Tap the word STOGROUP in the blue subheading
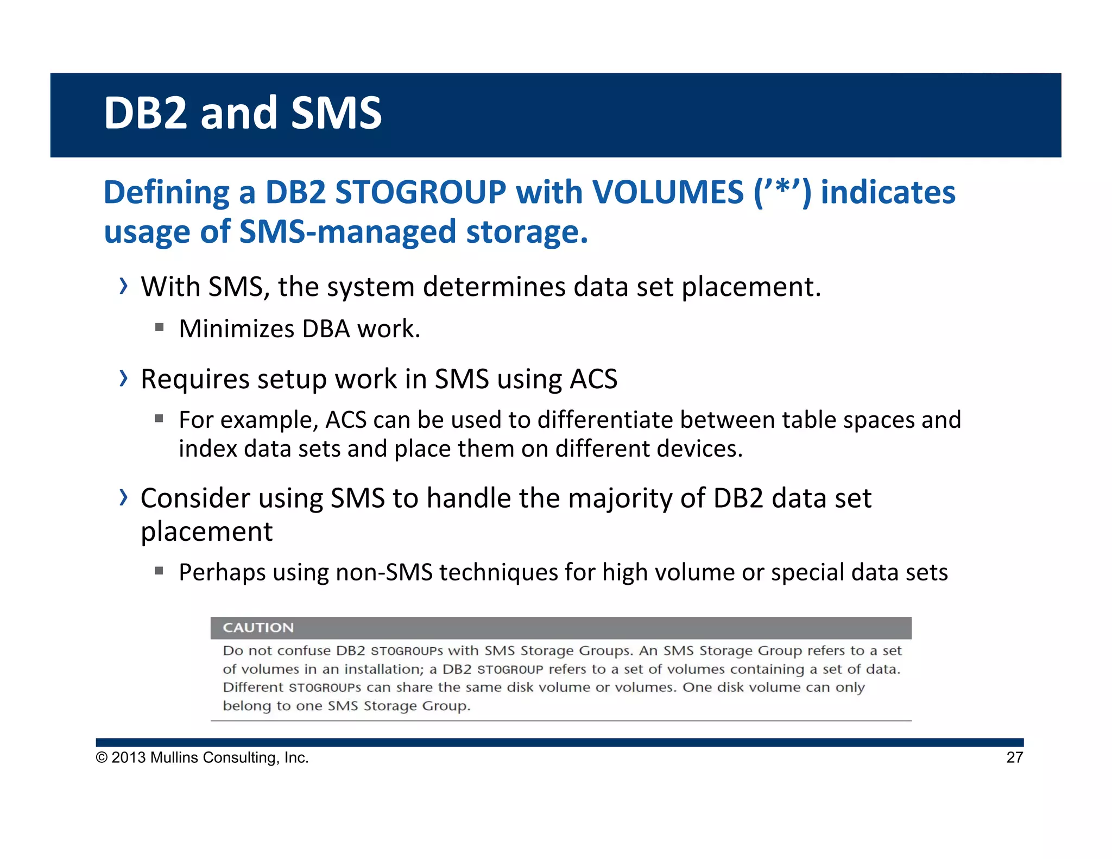[420, 192]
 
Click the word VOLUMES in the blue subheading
[667, 192]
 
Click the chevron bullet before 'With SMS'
[124, 286]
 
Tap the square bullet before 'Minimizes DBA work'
[159, 327]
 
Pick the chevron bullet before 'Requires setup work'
[124, 378]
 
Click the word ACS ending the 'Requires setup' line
[593, 379]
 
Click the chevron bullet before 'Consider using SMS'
[124, 497]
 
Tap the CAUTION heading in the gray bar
[258, 628]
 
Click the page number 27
[1014, 757]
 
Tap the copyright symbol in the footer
[102, 757]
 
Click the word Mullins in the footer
[174, 757]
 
